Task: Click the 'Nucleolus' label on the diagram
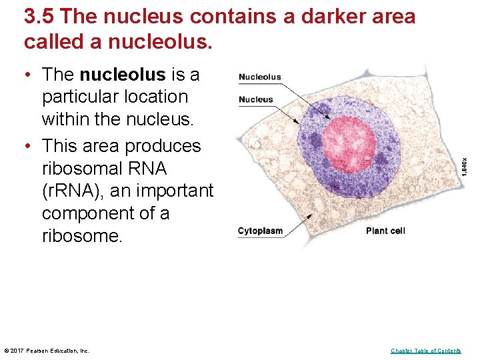point(260,77)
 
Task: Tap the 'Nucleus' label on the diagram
point(256,100)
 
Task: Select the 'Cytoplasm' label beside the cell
point(260,231)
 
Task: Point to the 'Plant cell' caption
point(385,231)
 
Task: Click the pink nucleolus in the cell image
point(349,143)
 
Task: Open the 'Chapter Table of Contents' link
point(425,351)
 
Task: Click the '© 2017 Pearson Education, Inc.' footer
point(47,351)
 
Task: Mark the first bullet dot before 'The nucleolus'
point(29,75)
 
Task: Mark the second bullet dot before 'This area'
point(29,145)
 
